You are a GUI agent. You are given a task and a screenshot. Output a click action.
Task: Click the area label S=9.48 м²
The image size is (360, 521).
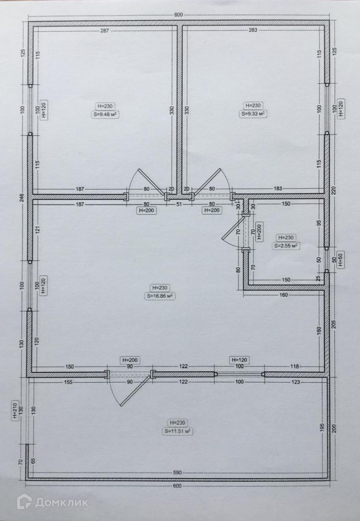coord(105,114)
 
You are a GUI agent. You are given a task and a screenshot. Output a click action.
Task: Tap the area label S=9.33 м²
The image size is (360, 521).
coord(253,114)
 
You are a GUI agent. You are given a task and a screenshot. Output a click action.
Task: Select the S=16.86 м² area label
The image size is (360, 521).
coord(160,296)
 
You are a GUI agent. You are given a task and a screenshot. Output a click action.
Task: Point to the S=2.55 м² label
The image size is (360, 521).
coord(286,246)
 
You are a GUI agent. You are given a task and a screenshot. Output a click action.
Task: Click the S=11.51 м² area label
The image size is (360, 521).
coord(177,431)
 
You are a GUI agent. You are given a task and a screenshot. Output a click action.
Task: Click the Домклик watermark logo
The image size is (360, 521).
coord(53,502)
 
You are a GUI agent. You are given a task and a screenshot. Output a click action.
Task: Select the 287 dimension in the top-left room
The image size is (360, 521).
coord(105,30)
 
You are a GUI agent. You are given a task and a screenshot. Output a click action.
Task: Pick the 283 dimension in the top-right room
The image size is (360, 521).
coord(253,30)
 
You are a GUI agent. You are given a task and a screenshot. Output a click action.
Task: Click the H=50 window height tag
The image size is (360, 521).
coord(340,259)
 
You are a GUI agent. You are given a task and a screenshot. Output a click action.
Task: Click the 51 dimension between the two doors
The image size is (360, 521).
coord(179,204)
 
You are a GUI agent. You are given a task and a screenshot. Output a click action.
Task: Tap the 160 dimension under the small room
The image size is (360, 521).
coord(283,295)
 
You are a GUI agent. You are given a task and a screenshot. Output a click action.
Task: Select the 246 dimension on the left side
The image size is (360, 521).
coord(22,198)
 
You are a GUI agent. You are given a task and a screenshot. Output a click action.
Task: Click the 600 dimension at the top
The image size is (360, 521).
coord(178,15)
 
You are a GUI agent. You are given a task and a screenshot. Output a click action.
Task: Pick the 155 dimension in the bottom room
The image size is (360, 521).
coord(68,382)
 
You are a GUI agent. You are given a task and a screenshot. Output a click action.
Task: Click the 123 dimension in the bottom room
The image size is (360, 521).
coord(295,382)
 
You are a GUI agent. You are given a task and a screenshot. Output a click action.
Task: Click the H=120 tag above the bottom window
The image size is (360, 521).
coord(239,360)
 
